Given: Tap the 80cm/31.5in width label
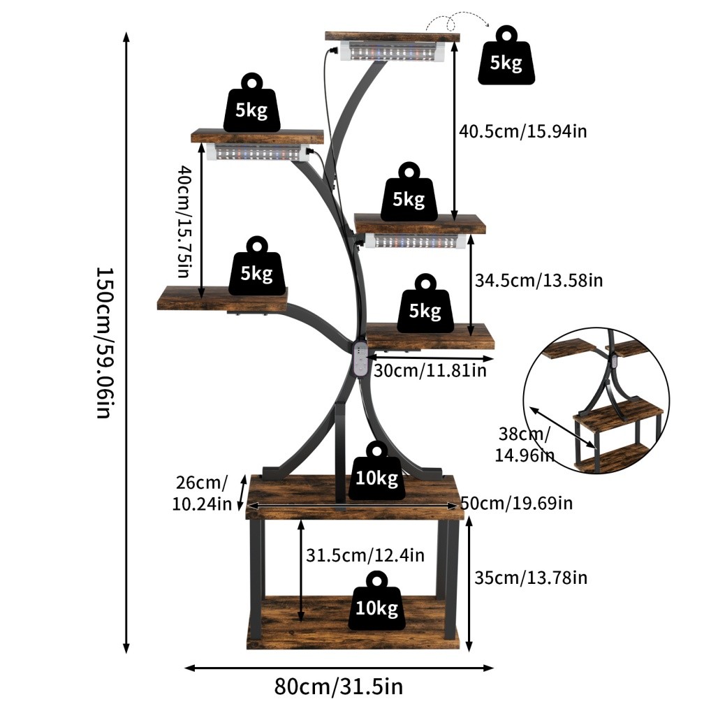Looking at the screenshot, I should click(338, 687).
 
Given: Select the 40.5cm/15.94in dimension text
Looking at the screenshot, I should click(522, 131).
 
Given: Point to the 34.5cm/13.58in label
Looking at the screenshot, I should click(538, 281).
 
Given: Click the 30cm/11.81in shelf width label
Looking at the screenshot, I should click(430, 369).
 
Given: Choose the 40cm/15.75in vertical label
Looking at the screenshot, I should click(184, 221).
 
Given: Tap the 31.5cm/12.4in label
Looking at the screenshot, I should click(365, 555).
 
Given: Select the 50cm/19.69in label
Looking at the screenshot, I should click(518, 502).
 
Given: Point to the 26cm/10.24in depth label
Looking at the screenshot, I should click(200, 493).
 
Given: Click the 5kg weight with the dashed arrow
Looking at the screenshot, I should click(506, 57).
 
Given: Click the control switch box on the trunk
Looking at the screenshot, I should click(360, 359).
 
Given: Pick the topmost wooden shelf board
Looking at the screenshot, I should click(392, 36).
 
